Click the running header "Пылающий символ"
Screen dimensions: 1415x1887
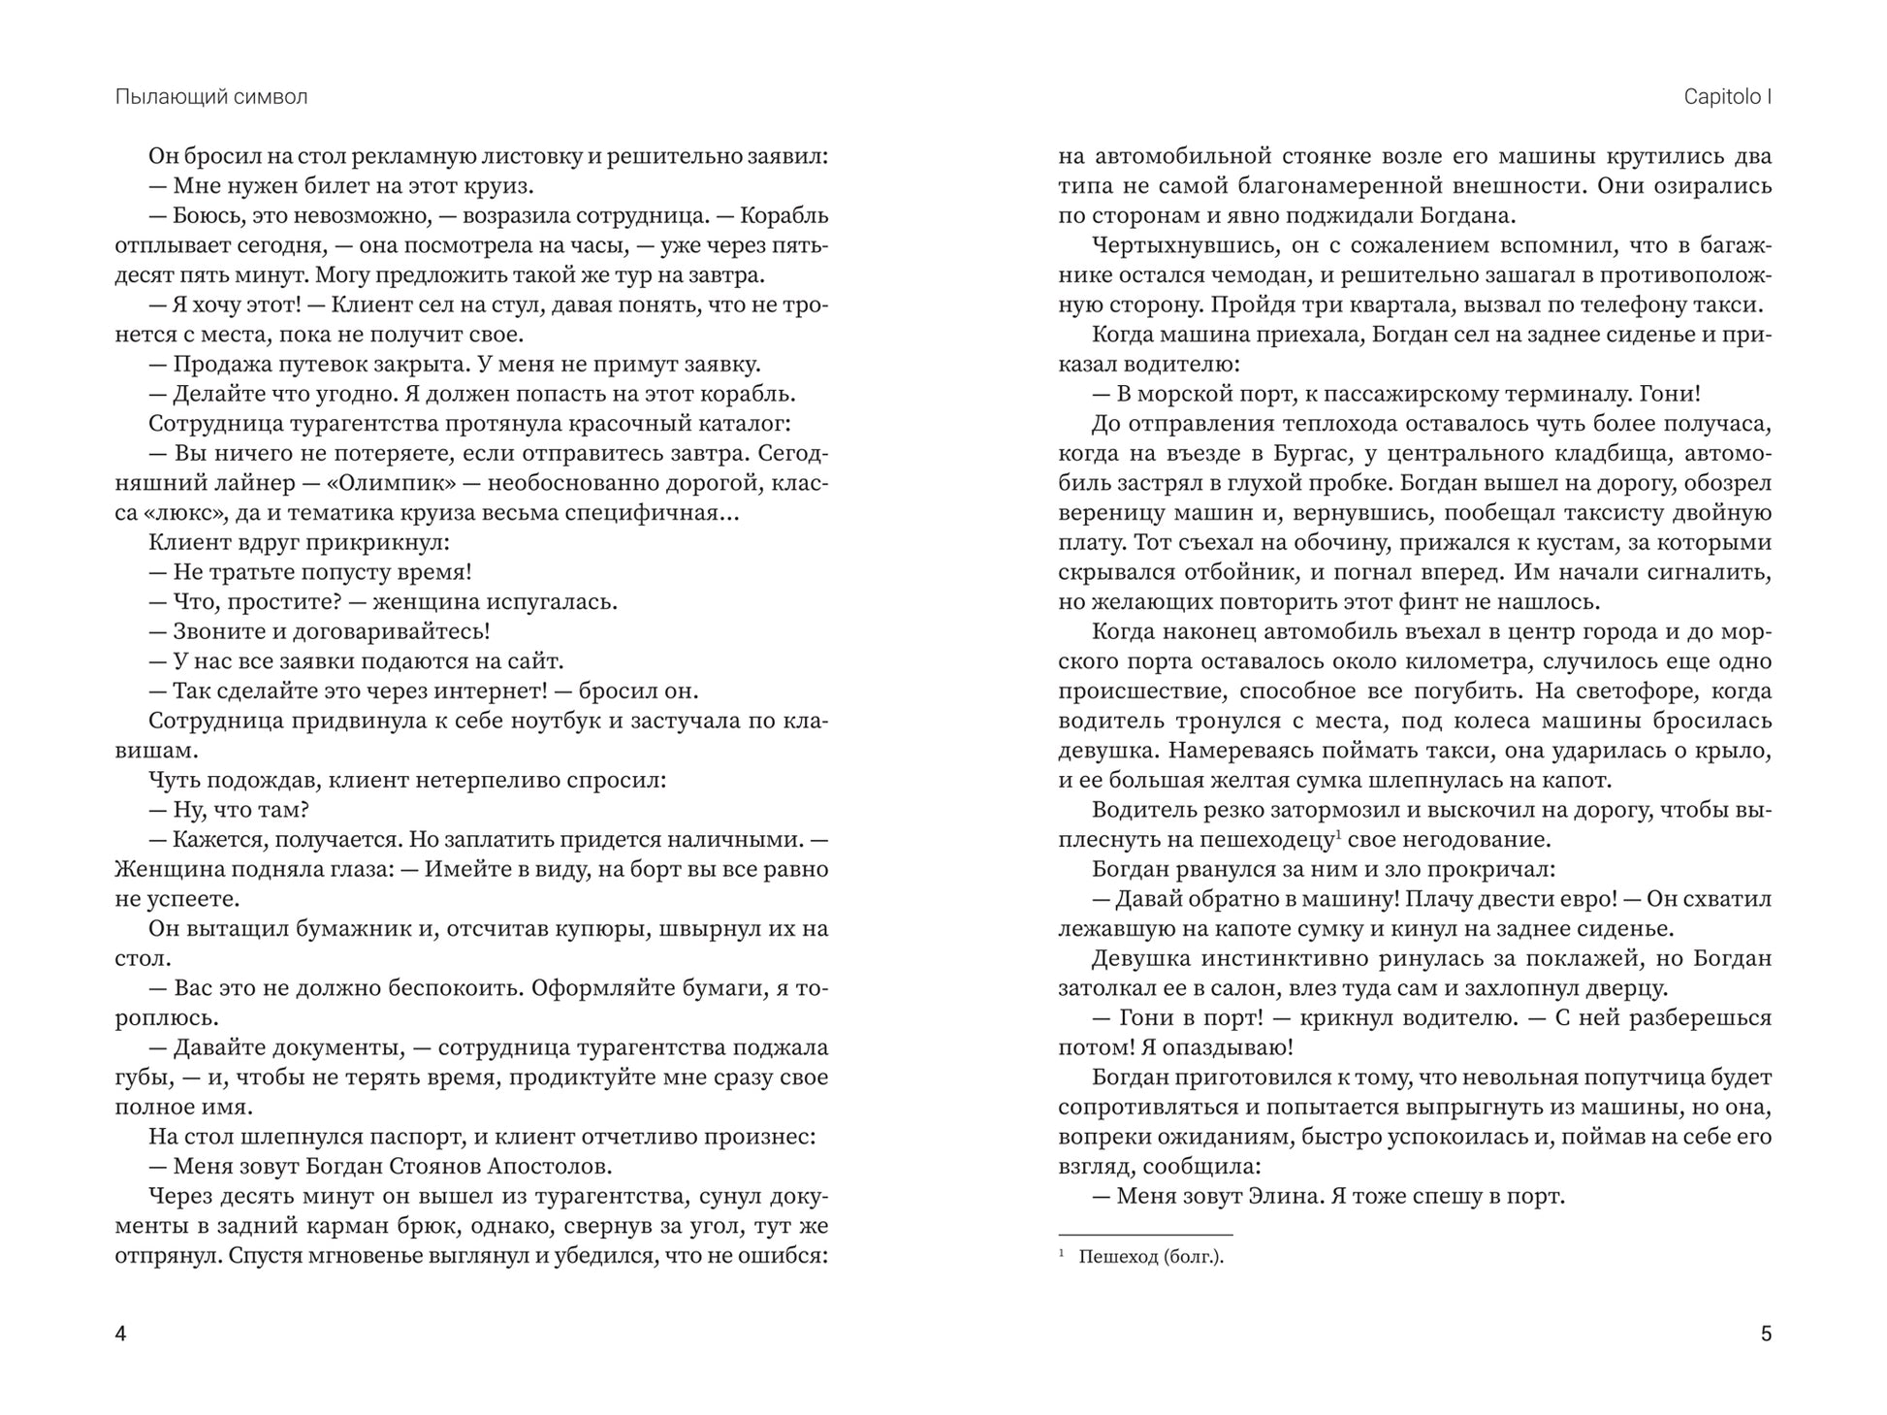pos(210,97)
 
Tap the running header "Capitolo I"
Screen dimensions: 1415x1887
pos(1727,97)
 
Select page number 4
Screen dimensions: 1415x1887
pos(120,1334)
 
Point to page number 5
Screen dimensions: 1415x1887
pos(1765,1334)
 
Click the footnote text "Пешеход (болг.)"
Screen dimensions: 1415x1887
pos(1151,1257)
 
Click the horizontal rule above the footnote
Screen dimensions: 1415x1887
pos(1145,1235)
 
